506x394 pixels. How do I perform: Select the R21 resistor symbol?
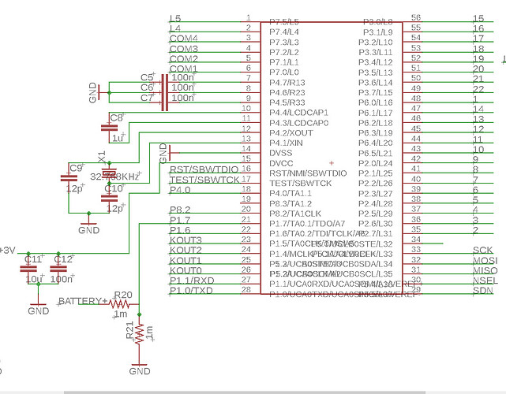pyautogui.click(x=140, y=333)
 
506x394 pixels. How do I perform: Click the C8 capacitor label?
pyautogui.click(x=117, y=117)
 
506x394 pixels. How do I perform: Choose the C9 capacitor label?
pyautogui.click(x=77, y=168)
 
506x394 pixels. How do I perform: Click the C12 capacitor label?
pyautogui.click(x=62, y=259)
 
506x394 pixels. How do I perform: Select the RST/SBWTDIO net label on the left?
pyautogui.click(x=204, y=169)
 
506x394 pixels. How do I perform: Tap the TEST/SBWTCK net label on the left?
pyautogui.click(x=204, y=180)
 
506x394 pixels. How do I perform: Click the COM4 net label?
pyautogui.click(x=183, y=38)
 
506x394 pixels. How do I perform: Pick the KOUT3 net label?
pyautogui.click(x=186, y=240)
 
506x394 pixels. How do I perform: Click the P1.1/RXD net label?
pyautogui.click(x=192, y=281)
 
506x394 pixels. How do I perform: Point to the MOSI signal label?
pyautogui.click(x=484, y=261)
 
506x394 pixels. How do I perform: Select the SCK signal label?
pyautogui.click(x=482, y=251)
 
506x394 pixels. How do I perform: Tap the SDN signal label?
pyautogui.click(x=482, y=291)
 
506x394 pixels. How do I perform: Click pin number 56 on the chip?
pyautogui.click(x=416, y=17)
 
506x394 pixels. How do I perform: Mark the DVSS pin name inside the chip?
pyautogui.click(x=282, y=153)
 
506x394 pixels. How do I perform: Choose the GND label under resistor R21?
pyautogui.click(x=140, y=370)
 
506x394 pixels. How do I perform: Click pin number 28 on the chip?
pyautogui.click(x=246, y=290)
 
